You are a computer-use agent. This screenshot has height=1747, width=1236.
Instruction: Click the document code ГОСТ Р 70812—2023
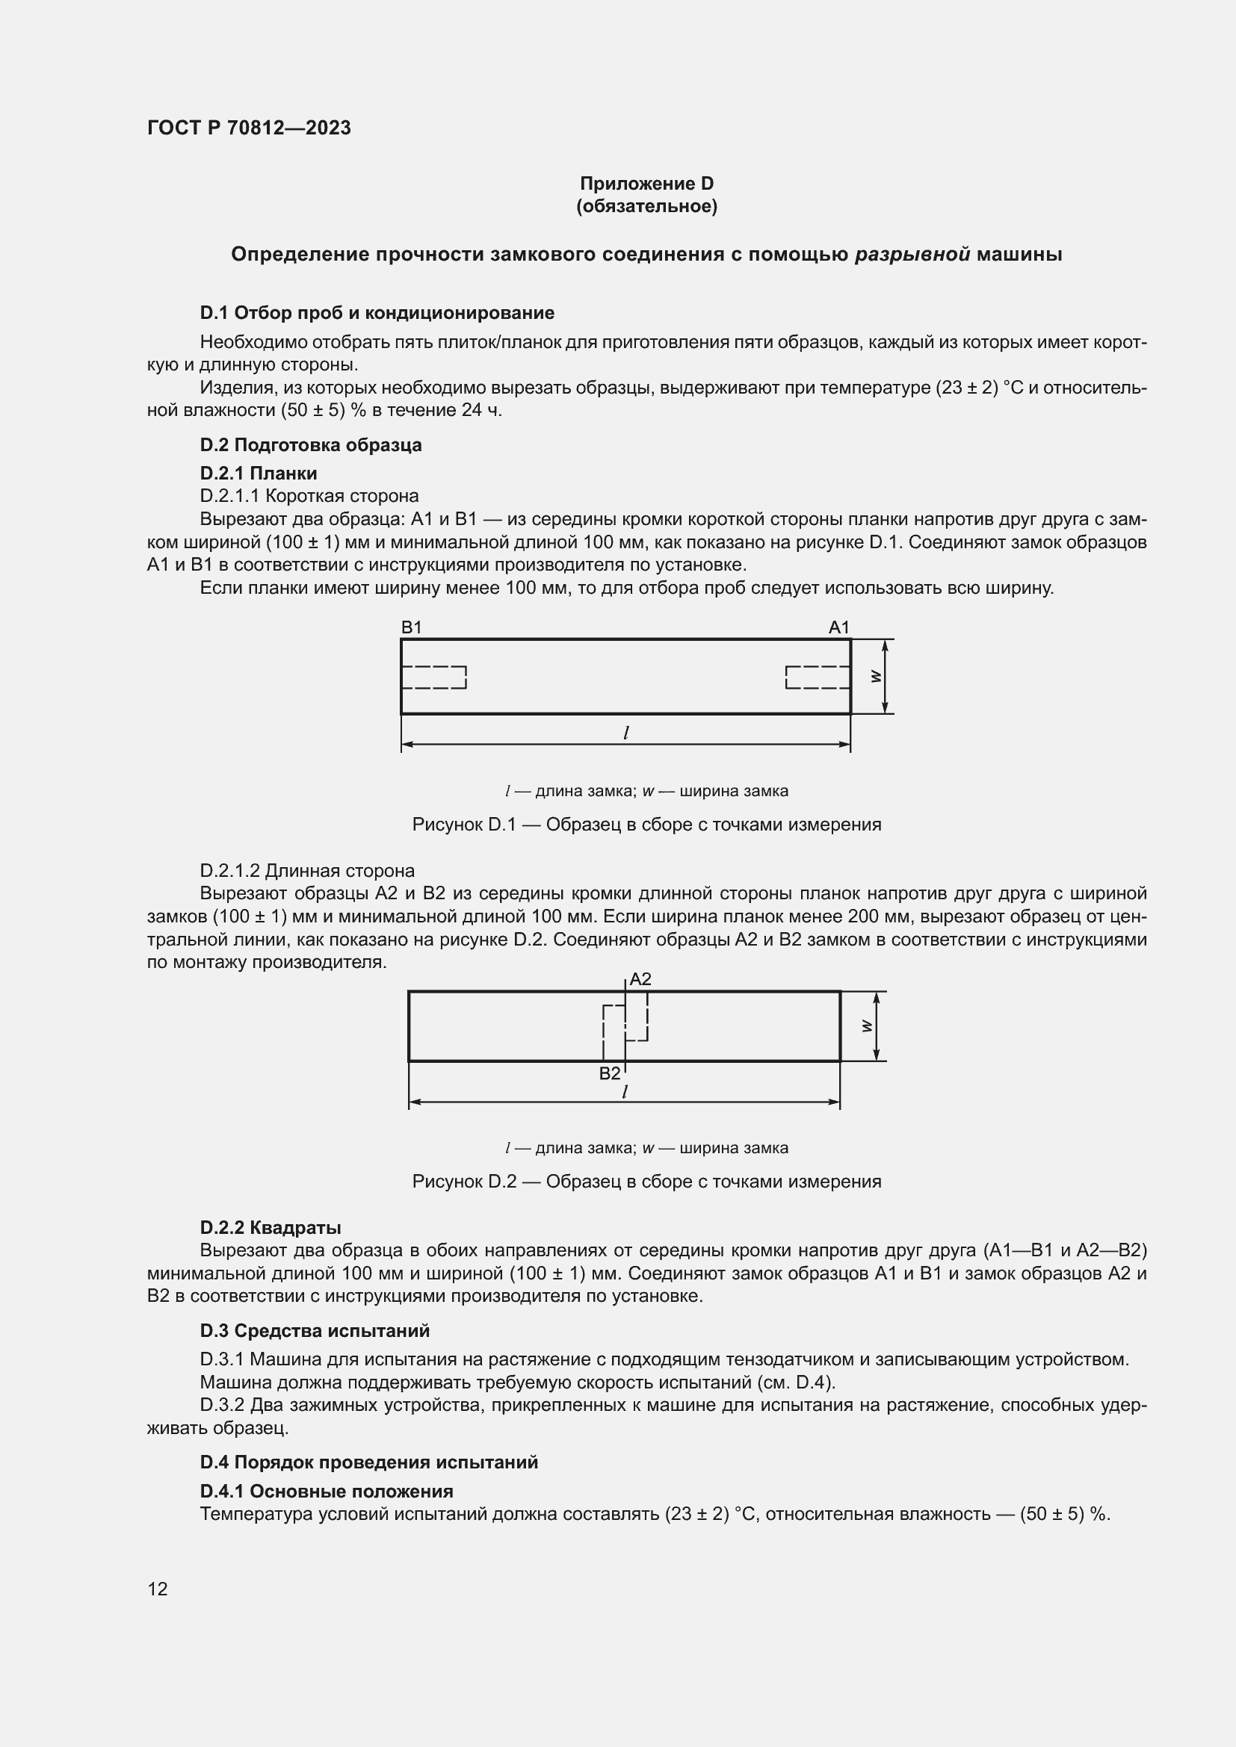249,128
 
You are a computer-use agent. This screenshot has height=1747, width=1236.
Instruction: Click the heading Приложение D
646,184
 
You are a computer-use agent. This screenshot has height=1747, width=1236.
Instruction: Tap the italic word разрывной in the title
912,254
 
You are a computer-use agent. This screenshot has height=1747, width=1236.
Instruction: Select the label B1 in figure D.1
411,627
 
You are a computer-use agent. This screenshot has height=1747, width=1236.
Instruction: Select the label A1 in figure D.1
838,627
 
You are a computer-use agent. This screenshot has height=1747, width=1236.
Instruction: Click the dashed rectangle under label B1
434,677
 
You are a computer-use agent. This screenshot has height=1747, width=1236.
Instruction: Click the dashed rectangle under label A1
818,677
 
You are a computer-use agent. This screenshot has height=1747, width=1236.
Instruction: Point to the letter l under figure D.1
625,733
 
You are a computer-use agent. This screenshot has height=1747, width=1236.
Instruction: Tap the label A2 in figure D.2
640,979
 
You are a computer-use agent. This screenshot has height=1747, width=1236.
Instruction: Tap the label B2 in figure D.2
609,1073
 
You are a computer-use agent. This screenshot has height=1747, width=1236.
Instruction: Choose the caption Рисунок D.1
646,825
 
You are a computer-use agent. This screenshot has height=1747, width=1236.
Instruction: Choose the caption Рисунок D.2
646,1182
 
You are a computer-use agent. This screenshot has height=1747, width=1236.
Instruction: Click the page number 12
158,1589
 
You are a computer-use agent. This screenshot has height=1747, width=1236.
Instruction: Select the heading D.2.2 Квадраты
271,1228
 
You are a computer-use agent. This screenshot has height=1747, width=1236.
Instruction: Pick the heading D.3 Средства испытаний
315,1331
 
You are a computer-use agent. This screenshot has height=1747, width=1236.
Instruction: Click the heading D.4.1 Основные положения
326,1492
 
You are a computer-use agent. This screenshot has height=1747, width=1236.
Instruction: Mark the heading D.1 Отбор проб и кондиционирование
377,313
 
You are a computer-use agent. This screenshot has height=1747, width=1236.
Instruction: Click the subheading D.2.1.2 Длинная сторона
306,870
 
